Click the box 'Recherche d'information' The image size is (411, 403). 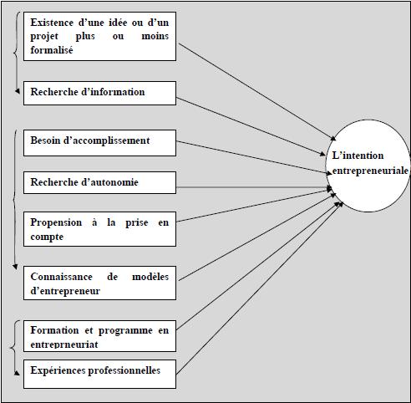(99, 93)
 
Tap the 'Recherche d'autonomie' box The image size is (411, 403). (99, 182)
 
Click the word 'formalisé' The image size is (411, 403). (52, 50)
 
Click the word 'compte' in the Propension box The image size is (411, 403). (47, 237)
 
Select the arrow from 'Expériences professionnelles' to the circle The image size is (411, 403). (251, 292)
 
